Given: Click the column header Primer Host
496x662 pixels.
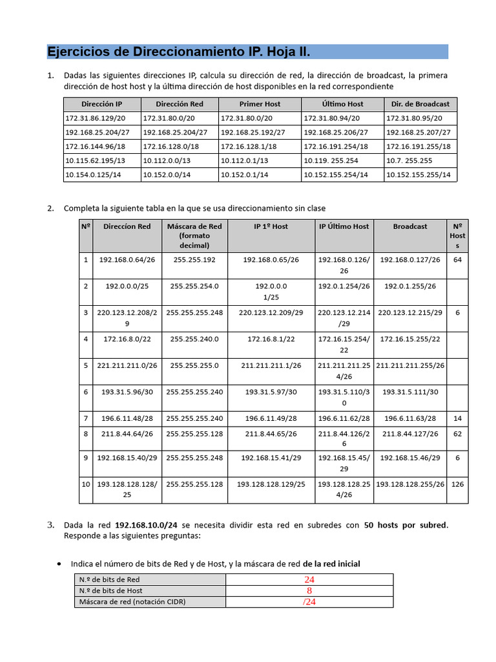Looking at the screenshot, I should [x=260, y=103].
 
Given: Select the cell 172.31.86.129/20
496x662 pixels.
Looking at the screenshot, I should [x=95, y=118].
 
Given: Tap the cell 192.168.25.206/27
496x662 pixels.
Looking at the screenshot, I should [x=336, y=132].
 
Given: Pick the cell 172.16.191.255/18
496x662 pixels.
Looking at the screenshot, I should [x=418, y=146].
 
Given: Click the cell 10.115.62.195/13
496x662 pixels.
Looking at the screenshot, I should [x=95, y=160].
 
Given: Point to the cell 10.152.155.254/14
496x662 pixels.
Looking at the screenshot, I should [x=336, y=175].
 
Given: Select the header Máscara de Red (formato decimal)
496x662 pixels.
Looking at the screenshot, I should [x=194, y=235].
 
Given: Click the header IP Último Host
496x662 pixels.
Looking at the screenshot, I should [x=344, y=226].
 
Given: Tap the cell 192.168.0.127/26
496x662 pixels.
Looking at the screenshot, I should [x=410, y=259].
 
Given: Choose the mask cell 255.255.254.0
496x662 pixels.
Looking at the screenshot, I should [x=194, y=286].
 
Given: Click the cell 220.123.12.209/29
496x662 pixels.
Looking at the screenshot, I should [x=271, y=312].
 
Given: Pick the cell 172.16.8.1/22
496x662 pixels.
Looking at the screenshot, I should [x=271, y=339].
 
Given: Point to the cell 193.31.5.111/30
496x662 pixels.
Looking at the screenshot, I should [x=410, y=392].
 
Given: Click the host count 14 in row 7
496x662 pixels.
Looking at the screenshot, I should [x=457, y=419].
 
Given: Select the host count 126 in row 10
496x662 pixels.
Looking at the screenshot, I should [x=457, y=484].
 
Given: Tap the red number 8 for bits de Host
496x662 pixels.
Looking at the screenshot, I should [x=309, y=590].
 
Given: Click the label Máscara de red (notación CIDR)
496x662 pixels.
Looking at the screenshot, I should [x=132, y=602].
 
